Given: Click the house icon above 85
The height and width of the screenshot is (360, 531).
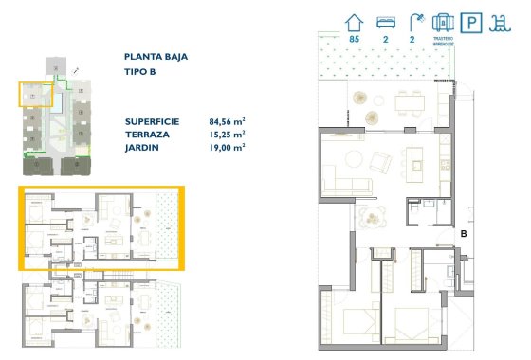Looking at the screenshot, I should click(356, 20).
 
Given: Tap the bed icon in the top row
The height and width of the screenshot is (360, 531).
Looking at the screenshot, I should click(384, 21).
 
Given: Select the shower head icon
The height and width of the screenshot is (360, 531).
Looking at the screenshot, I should click(412, 20).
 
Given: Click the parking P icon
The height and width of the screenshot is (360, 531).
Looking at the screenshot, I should click(469, 21).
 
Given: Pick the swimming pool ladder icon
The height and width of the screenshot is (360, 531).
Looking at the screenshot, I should click(499, 21).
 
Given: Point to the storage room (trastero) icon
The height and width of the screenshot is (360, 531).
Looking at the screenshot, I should click(440, 21).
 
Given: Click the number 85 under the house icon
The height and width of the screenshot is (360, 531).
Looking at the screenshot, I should click(355, 41).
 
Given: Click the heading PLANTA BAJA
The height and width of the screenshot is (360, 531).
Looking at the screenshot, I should click(156, 57).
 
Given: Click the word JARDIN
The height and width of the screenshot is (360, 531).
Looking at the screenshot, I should click(144, 147).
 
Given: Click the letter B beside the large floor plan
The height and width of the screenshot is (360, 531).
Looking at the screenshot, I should click(464, 232).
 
